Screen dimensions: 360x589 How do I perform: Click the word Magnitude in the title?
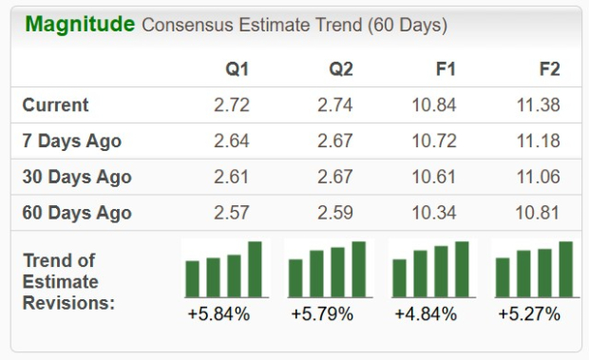[80, 25]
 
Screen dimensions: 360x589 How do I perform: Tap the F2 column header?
[548, 69]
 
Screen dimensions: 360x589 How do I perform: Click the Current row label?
[55, 105]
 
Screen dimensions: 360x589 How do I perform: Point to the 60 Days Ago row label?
[76, 213]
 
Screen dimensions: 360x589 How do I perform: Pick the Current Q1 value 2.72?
[233, 105]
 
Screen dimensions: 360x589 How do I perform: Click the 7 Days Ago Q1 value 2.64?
[233, 142]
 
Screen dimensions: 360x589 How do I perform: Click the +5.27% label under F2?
[528, 313]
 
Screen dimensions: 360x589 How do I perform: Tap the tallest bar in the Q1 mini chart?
[255, 269]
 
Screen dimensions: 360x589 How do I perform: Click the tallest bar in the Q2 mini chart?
[358, 269]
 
